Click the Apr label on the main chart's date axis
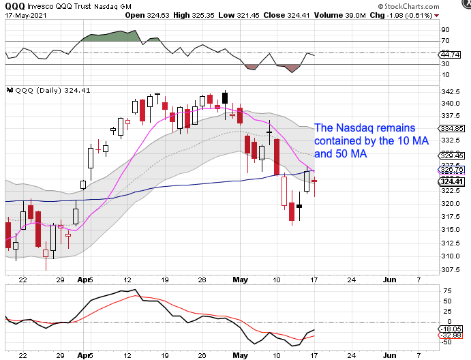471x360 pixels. [82, 280]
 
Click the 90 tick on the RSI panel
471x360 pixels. [446, 30]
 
